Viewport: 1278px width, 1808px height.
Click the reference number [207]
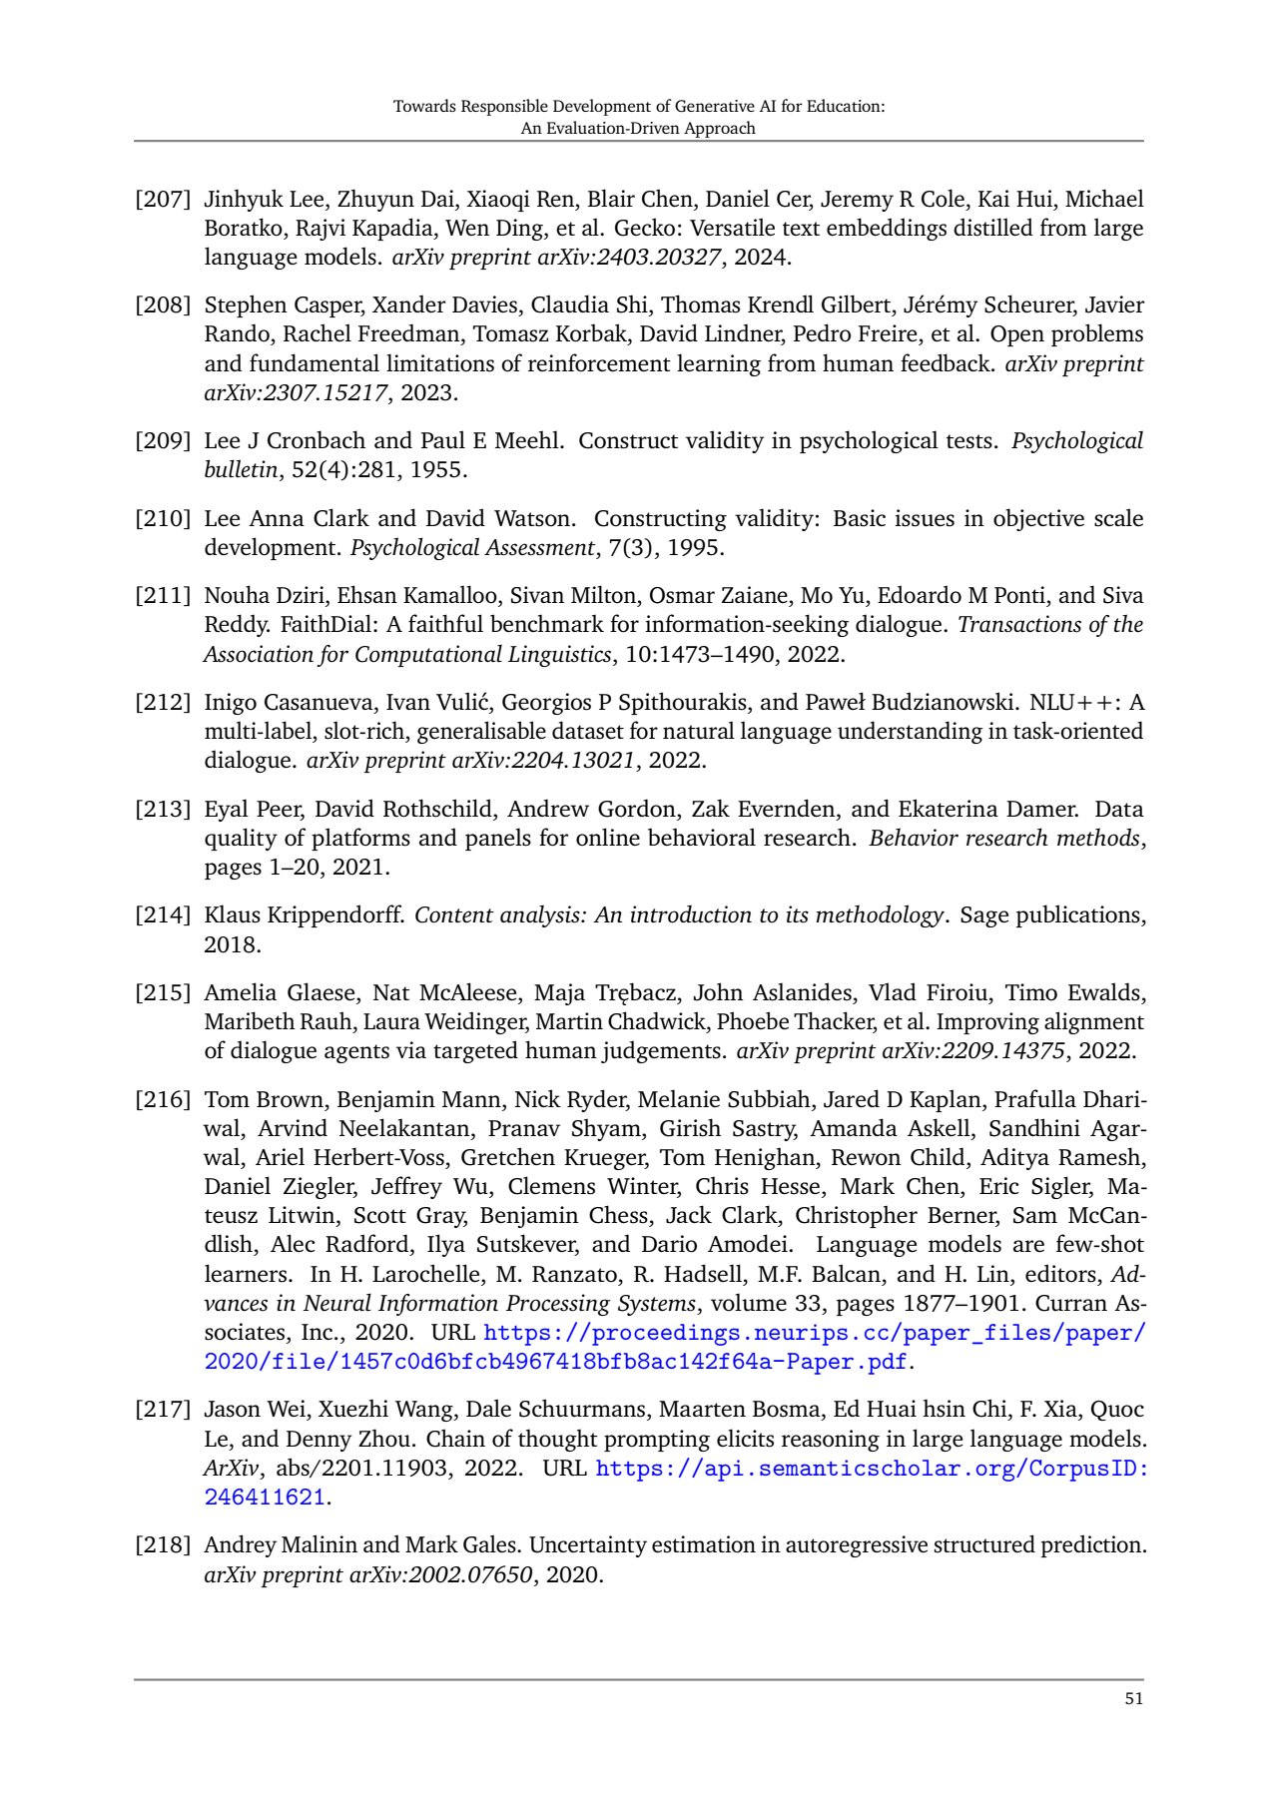(x=162, y=200)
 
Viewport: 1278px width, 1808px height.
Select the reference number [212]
(x=162, y=703)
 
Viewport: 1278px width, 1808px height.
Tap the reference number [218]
(x=162, y=1545)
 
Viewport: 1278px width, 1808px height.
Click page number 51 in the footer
(x=1133, y=1699)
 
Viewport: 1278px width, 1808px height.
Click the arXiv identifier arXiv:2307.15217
(x=296, y=392)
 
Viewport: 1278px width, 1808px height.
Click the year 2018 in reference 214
(x=233, y=944)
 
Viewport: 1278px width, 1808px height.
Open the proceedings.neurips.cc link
(x=814, y=1334)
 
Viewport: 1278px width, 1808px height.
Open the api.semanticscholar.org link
(x=871, y=1469)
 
